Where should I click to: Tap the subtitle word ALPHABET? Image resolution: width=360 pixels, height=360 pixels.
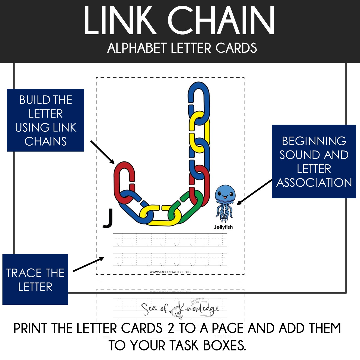tap(137, 48)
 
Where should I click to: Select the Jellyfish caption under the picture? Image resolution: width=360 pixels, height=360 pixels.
tap(223, 227)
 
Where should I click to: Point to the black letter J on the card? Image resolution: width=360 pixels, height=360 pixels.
tap(108, 218)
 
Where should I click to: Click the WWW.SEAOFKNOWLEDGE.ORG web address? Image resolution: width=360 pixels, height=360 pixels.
tap(170, 272)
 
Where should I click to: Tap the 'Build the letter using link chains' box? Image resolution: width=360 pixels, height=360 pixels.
tap(46, 120)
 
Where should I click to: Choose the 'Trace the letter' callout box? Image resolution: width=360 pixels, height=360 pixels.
tap(35, 279)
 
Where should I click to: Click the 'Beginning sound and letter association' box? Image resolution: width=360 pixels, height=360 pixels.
tap(314, 162)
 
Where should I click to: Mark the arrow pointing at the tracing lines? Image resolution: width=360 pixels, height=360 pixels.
tap(88, 264)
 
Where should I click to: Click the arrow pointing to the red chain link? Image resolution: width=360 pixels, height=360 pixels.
tap(103, 152)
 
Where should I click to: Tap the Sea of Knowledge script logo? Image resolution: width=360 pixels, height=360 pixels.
tap(180, 309)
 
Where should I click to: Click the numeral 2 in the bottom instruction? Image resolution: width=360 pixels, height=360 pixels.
tap(171, 328)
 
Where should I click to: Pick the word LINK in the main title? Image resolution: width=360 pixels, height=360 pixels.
tap(120, 21)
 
